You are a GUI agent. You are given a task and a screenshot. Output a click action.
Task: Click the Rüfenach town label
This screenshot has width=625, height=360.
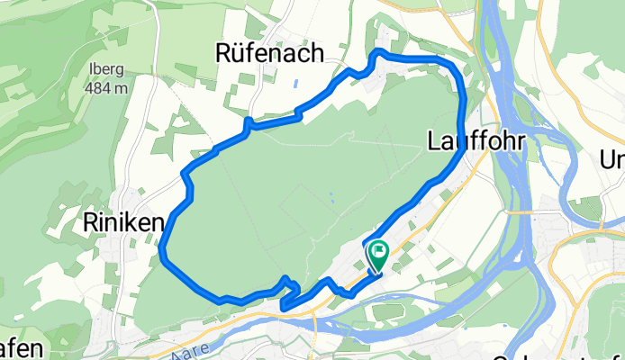pyautogui.click(x=270, y=54)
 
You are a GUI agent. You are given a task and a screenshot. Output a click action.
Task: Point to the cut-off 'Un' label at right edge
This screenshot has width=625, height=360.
pyautogui.click(x=613, y=160)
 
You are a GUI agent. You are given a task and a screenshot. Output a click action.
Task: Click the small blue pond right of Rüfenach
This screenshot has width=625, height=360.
pyautogui.click(x=295, y=86)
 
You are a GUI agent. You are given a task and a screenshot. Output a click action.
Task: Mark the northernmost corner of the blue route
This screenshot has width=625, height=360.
pyautogui.click(x=376, y=52)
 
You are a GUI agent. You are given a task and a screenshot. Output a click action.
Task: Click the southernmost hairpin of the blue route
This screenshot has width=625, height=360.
pyautogui.click(x=284, y=308)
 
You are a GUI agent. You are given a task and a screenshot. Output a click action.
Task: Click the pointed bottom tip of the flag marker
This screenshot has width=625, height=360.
pyautogui.click(x=376, y=270)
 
